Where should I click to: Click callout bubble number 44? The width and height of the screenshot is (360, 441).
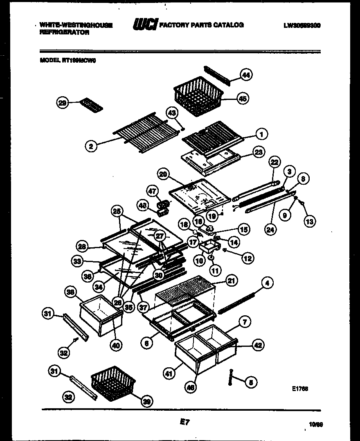(245, 75)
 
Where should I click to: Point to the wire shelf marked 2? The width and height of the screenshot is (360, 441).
(147, 132)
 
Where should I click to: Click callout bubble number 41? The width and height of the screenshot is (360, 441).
(168, 373)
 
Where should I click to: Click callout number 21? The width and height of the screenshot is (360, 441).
(232, 281)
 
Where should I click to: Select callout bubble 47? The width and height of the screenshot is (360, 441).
(152, 192)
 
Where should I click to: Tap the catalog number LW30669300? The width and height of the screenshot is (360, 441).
(301, 25)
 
